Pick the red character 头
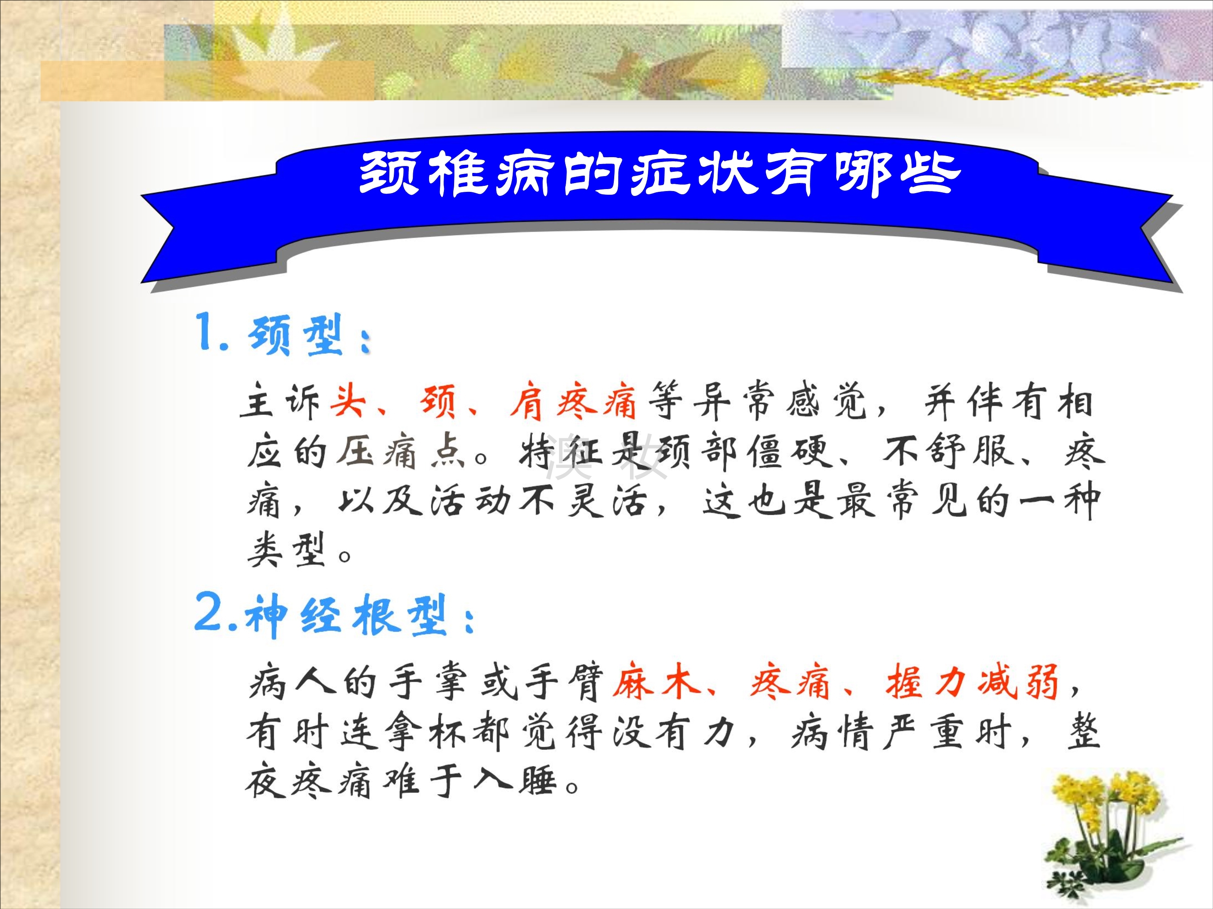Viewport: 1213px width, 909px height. pos(348,400)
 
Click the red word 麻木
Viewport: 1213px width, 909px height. pos(656,682)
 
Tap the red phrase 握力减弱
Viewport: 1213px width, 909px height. pos(972,682)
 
